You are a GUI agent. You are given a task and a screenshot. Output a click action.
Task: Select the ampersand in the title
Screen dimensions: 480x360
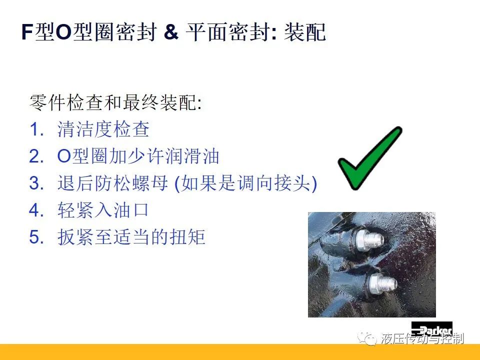point(171,31)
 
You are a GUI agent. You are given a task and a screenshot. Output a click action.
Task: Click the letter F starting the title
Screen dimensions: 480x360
point(27,32)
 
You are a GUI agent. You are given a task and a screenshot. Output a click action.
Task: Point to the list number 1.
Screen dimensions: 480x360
point(36,129)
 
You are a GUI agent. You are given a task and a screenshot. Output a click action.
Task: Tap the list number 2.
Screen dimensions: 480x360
point(36,156)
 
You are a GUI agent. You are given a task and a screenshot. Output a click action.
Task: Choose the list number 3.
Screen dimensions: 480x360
point(36,183)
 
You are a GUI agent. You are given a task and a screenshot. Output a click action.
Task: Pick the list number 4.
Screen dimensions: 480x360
point(36,210)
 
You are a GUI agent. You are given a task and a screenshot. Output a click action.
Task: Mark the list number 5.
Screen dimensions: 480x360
point(36,237)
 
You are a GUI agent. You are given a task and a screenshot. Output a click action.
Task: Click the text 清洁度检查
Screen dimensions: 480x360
point(103,129)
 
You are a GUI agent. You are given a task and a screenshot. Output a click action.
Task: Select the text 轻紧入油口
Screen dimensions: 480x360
point(103,210)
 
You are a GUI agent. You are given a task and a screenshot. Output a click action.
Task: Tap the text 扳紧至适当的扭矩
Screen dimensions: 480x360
point(131,237)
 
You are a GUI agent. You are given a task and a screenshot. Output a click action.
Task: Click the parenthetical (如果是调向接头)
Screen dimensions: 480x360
point(245,183)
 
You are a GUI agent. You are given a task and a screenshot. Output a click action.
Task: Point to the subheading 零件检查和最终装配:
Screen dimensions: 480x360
point(115,102)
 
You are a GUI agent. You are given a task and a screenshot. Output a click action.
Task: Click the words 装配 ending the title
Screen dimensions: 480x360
point(305,32)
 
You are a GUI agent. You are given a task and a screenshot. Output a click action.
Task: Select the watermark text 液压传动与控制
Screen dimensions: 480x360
point(422,338)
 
